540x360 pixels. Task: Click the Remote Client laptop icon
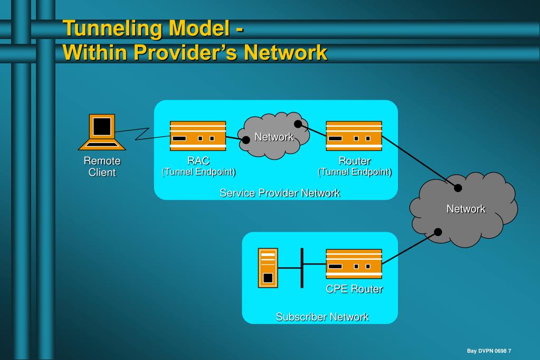click(x=102, y=132)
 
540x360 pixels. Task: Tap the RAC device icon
click(x=197, y=136)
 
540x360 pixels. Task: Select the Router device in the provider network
click(x=354, y=136)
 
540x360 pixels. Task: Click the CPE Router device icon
click(x=354, y=263)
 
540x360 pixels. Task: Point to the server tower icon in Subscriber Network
click(x=268, y=268)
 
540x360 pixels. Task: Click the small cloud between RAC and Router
click(x=273, y=136)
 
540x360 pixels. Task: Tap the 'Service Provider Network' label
click(x=279, y=193)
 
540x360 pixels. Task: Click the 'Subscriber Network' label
click(x=322, y=317)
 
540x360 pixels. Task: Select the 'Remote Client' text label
click(x=102, y=166)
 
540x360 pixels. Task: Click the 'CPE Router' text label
click(x=354, y=289)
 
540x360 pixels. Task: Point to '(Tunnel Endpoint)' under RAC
click(x=198, y=172)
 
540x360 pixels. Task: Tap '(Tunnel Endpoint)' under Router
click(x=354, y=172)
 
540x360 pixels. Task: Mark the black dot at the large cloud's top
click(x=458, y=188)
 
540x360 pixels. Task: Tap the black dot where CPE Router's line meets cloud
click(x=438, y=232)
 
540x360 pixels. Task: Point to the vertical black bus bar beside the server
click(x=302, y=268)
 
